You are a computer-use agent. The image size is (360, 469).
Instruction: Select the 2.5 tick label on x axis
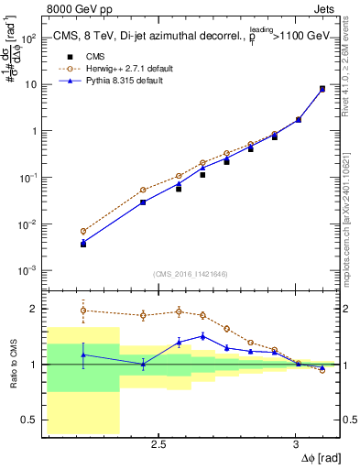[158, 444]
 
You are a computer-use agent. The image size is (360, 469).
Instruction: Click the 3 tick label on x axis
[295, 444]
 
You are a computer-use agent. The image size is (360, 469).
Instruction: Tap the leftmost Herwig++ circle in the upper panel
[83, 232]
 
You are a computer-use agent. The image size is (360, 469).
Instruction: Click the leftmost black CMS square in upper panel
[83, 245]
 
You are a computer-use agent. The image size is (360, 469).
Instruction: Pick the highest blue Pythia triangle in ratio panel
[203, 336]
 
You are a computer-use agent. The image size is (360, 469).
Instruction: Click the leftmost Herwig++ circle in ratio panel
[83, 311]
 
